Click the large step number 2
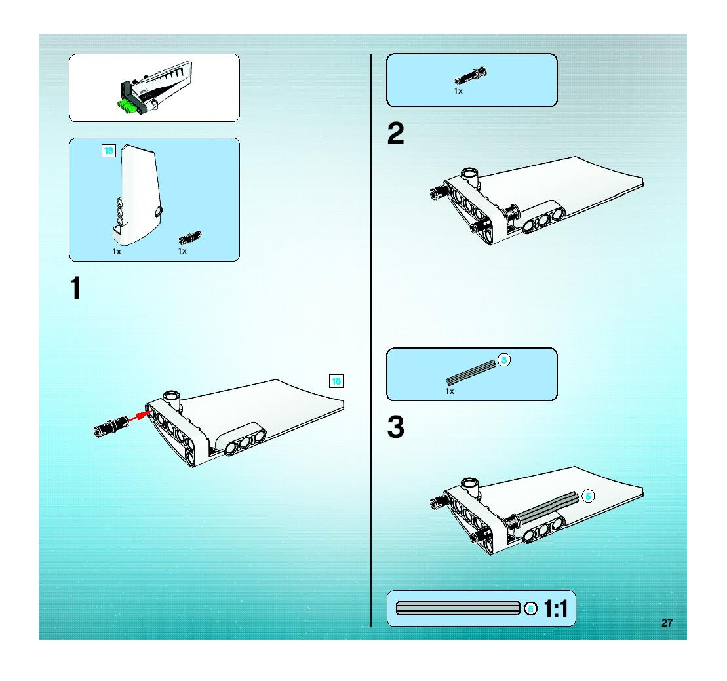click(x=396, y=133)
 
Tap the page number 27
click(x=667, y=623)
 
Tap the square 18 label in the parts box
click(x=108, y=151)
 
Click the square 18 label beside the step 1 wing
click(x=336, y=381)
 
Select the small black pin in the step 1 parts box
click(x=190, y=238)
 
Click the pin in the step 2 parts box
click(x=471, y=75)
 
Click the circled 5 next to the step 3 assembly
click(x=588, y=496)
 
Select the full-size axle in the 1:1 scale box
click(x=458, y=608)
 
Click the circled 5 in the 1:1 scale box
click(x=531, y=609)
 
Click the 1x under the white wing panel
click(x=117, y=251)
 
